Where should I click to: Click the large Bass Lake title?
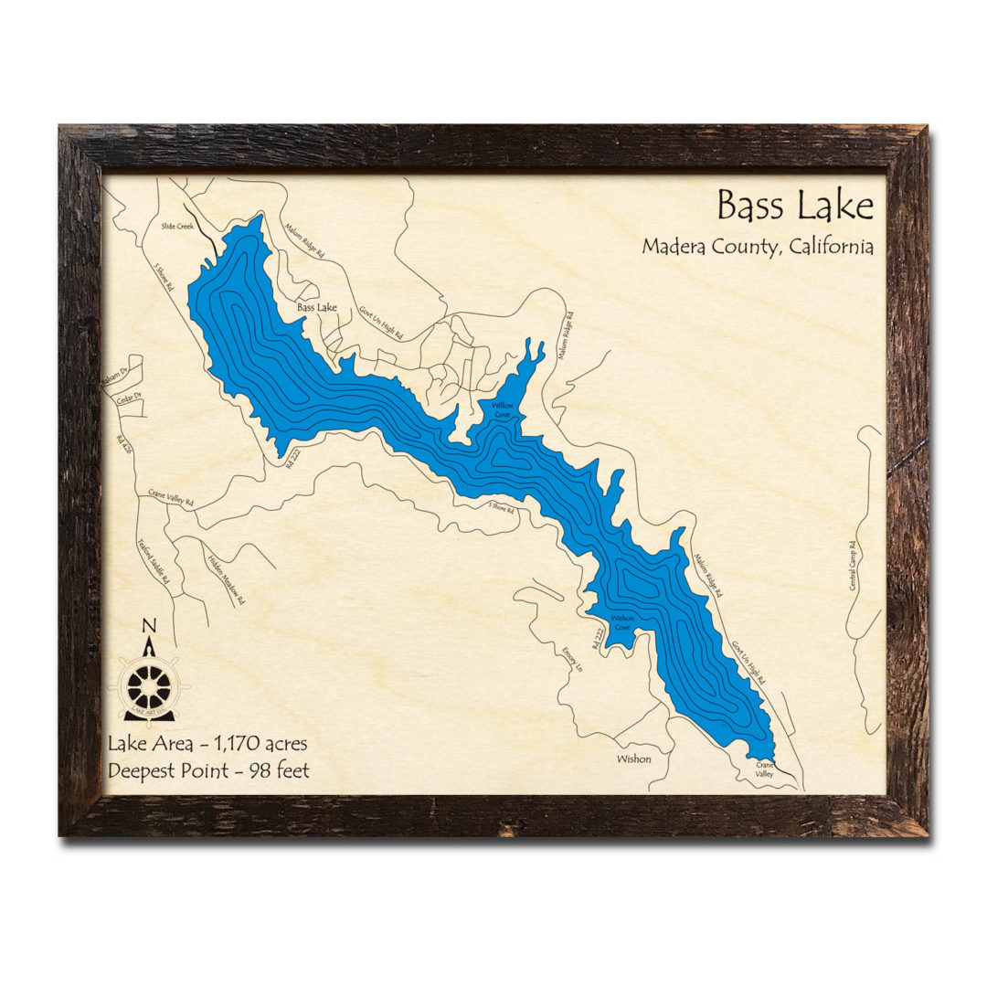tap(794, 206)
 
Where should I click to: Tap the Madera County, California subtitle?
tap(757, 247)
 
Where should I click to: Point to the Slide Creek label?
tap(177, 226)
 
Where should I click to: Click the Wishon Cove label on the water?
tap(621, 622)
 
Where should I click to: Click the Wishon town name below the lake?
tap(633, 759)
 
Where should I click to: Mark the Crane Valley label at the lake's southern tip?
tap(764, 769)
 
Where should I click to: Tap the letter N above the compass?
tap(149, 626)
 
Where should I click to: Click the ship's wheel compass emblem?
tap(148, 684)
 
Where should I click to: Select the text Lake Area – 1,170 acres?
tap(207, 743)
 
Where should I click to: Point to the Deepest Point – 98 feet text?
tap(208, 770)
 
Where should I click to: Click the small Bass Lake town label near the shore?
tap(316, 308)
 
